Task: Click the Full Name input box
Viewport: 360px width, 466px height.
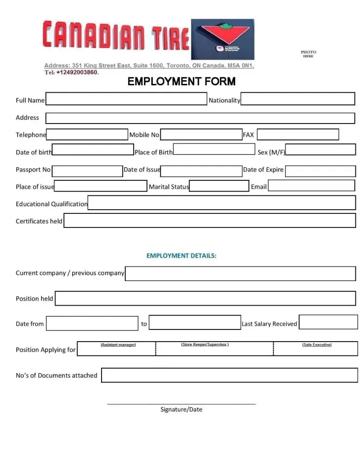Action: pyautogui.click(x=126, y=99)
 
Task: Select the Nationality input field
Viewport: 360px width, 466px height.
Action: pyautogui.click(x=298, y=99)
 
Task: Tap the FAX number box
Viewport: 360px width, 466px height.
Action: pyautogui.click(x=298, y=135)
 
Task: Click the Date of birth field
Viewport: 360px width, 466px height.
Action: pyautogui.click(x=93, y=150)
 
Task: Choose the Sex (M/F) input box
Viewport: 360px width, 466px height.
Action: pyautogui.click(x=320, y=150)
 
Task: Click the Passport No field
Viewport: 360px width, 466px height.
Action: pyautogui.click(x=87, y=171)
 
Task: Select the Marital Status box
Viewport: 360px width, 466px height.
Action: pyautogui.click(x=219, y=186)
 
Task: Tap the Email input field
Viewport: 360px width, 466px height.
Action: pyautogui.click(x=312, y=186)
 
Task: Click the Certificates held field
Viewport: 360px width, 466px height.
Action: pyautogui.click(x=209, y=220)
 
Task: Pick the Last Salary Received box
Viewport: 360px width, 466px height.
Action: pyautogui.click(x=328, y=322)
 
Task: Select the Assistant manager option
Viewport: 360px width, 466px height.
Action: pyautogui.click(x=118, y=345)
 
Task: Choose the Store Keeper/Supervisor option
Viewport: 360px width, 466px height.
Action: pyautogui.click(x=204, y=345)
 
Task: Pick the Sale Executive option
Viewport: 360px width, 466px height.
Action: pyautogui.click(x=317, y=345)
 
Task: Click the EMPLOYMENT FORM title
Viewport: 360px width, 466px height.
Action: pyautogui.click(x=182, y=82)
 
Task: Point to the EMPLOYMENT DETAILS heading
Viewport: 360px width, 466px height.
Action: pyautogui.click(x=182, y=256)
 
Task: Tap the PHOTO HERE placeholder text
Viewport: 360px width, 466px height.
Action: pyautogui.click(x=308, y=54)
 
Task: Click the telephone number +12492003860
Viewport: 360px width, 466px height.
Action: pyautogui.click(x=77, y=73)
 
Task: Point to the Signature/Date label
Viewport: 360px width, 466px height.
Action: pyautogui.click(x=181, y=410)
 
